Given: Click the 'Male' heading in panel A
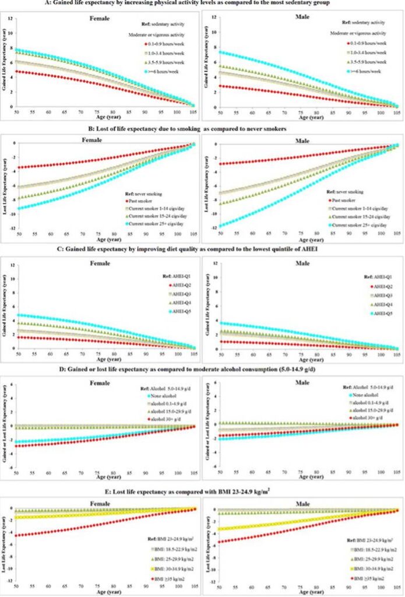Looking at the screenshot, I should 300,17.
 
